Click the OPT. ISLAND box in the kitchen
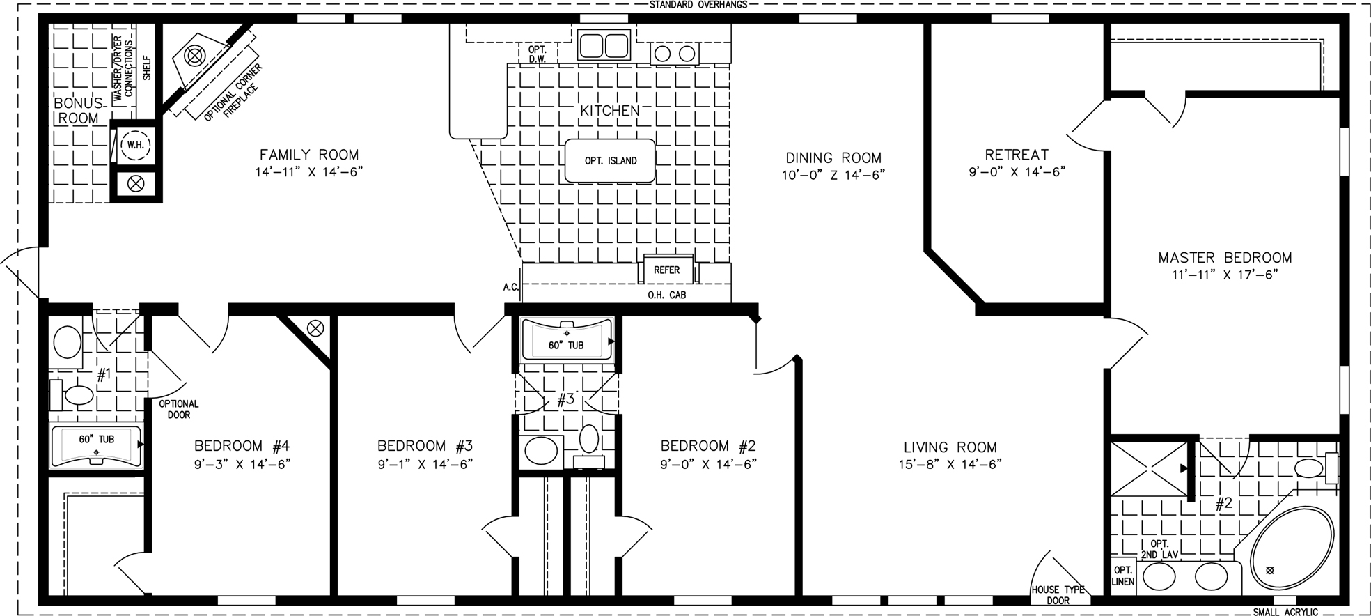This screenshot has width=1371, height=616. [x=609, y=161]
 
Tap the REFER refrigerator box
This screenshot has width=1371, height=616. [x=667, y=270]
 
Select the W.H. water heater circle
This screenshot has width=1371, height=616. [x=133, y=146]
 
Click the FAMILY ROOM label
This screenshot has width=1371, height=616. [x=309, y=155]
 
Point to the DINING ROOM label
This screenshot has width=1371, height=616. [x=833, y=158]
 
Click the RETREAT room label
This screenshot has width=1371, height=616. [x=1017, y=155]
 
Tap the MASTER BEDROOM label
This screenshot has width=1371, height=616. [x=1225, y=258]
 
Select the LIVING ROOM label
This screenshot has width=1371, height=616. [x=950, y=447]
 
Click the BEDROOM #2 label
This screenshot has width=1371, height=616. [x=708, y=446]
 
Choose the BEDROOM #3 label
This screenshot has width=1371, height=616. [x=425, y=446]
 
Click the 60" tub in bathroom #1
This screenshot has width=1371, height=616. [x=97, y=445]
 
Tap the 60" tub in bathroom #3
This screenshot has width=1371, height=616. [x=567, y=339]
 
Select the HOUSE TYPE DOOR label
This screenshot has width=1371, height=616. [x=1058, y=595]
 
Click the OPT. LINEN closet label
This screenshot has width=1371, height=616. [x=1123, y=576]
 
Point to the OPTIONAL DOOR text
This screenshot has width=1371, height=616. [x=179, y=409]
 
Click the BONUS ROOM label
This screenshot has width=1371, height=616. [x=78, y=111]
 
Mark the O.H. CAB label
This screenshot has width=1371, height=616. [x=667, y=295]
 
